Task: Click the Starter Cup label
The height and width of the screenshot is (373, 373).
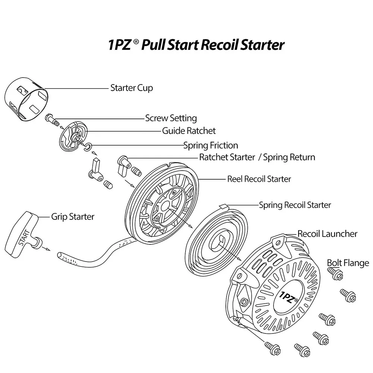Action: [132, 88]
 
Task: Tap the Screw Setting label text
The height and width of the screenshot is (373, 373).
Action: [171, 118]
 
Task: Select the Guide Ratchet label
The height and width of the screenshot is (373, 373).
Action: [189, 130]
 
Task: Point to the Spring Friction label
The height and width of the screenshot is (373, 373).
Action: [211, 145]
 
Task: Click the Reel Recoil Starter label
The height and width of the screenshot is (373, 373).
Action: [259, 179]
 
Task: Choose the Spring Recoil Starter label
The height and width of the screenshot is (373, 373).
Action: [295, 205]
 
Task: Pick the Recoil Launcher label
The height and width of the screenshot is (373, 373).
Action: [327, 234]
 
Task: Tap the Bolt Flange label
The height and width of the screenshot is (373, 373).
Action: [348, 263]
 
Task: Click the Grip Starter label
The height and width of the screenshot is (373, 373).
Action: [73, 217]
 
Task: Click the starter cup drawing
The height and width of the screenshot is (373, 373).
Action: [27, 99]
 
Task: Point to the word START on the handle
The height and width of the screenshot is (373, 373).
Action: [24, 238]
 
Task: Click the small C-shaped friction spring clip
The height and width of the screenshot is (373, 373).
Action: [88, 147]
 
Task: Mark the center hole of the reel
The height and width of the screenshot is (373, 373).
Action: [165, 207]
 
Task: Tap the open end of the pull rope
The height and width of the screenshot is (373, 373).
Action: [60, 255]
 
